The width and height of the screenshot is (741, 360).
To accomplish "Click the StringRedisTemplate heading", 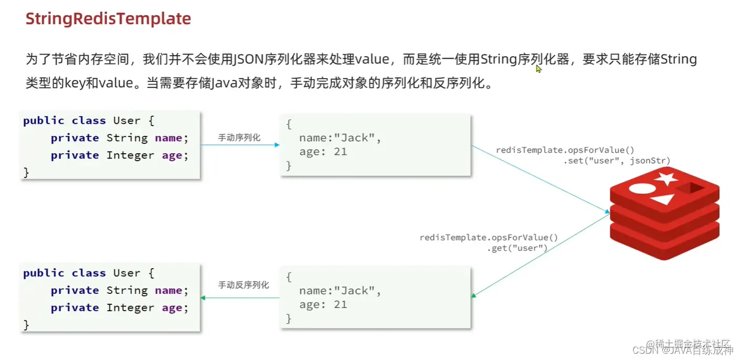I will [x=108, y=19].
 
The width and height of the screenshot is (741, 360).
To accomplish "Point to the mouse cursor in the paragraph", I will [x=538, y=69].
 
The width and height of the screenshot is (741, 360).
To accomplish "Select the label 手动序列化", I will [x=239, y=137].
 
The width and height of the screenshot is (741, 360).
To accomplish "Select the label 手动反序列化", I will [x=244, y=285].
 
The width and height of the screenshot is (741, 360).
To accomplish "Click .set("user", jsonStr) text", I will [x=617, y=161].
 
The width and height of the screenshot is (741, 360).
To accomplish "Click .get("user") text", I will [x=517, y=248].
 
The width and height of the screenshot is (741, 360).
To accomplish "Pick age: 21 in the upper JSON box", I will [x=323, y=152].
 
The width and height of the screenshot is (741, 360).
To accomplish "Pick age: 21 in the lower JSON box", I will [x=323, y=305].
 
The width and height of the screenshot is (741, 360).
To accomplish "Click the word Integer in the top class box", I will [x=131, y=155].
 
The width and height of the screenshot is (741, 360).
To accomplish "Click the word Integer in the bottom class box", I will [x=131, y=308].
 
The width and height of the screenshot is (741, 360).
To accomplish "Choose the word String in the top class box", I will [x=127, y=138].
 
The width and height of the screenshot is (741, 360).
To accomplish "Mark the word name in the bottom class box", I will [x=168, y=291].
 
